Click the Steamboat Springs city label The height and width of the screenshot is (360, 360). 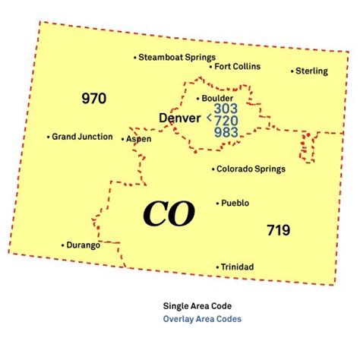point(177,57)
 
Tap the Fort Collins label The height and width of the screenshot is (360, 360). point(237,66)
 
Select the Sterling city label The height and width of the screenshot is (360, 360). point(311,71)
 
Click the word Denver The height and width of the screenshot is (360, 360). point(180,118)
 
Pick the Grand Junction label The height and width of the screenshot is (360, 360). point(82,137)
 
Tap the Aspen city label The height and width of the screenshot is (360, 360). point(139,139)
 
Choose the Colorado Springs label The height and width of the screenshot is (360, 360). point(251,169)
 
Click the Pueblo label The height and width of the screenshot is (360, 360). point(236,203)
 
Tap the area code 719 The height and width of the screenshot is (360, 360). point(278,230)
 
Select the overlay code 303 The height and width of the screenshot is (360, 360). point(226,109)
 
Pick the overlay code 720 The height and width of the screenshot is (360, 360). point(226,120)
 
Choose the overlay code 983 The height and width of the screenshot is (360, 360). point(226,132)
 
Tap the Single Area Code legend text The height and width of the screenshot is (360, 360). point(195,306)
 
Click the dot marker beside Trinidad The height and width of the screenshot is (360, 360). point(219,267)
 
